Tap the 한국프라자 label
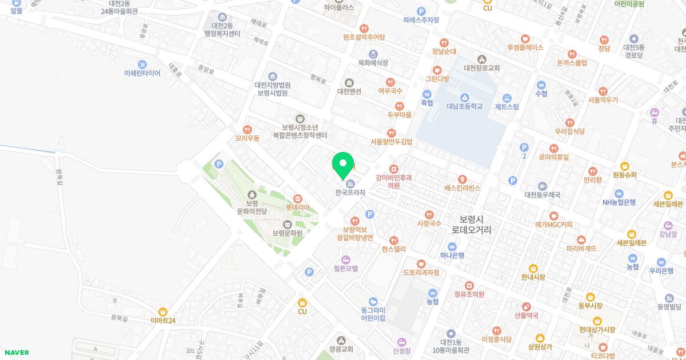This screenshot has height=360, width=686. click(350, 193)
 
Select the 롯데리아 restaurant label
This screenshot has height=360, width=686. click(297, 207)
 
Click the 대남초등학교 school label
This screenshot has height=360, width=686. click(464, 106)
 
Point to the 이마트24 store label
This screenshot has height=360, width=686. click(163, 321)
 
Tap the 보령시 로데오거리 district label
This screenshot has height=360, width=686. click(472, 224)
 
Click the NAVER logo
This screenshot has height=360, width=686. click(15, 353)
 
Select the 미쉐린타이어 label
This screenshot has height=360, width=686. click(142, 73)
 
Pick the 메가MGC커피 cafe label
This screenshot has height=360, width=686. click(553, 225)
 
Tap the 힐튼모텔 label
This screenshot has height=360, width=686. click(345, 268)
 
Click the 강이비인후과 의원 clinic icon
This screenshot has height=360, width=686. click(393, 169)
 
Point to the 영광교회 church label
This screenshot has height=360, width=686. click(341, 349)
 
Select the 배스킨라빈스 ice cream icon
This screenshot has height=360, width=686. click(462, 178)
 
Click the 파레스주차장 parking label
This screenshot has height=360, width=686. click(421, 20)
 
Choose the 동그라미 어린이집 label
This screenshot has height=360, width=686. click(373, 314)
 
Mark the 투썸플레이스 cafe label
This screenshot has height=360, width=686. click(525, 47)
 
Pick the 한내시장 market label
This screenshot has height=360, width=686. click(533, 277)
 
